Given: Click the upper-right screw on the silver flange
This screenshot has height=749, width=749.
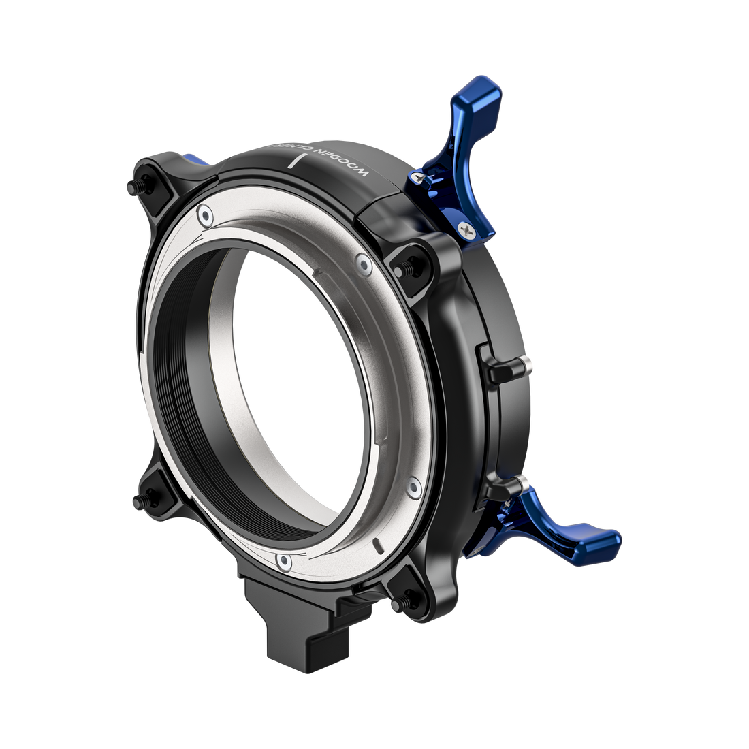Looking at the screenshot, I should coord(362,262).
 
